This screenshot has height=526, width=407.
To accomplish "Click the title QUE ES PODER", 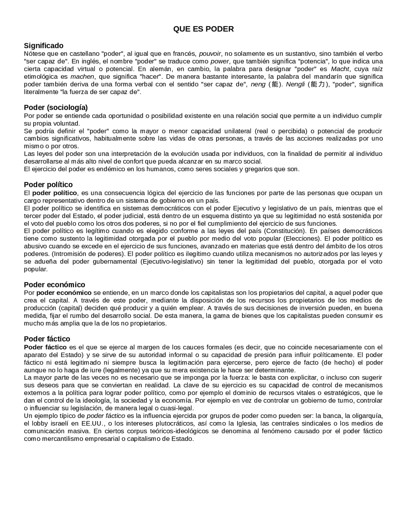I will (x=203, y=29).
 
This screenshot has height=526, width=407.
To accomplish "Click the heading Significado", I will (x=44, y=46).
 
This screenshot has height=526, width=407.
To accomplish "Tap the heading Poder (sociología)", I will (x=56, y=107).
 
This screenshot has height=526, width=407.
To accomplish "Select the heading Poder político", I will (x=48, y=185).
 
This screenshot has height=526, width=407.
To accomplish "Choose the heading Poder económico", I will (x=54, y=285).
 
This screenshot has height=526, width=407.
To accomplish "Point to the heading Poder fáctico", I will (x=47, y=339).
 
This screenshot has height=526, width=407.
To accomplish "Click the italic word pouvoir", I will (x=210, y=54).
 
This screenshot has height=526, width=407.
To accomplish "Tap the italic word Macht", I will (x=340, y=69).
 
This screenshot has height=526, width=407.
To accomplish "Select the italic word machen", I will (x=82, y=77).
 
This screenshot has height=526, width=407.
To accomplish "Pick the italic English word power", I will (x=219, y=61).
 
